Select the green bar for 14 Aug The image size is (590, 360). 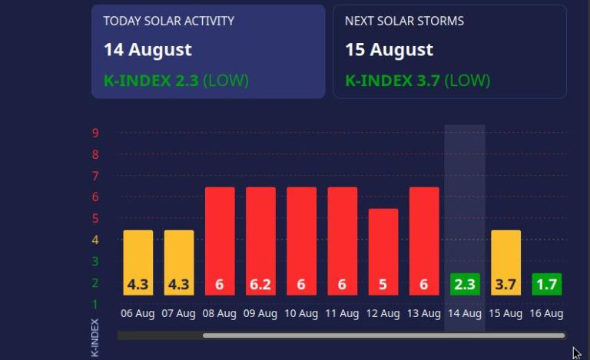465,284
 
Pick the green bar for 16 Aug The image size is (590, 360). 547,284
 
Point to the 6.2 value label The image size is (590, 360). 260,285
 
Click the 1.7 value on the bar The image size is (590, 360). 547,285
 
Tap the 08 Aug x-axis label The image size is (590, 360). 219,313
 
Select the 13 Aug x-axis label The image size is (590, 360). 424,313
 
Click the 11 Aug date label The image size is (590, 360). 342,313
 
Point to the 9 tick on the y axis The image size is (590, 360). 95,133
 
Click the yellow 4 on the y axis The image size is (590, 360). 95,239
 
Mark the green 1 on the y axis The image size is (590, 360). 95,304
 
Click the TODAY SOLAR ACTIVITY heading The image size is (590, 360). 169,21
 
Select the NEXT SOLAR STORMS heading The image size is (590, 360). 404,21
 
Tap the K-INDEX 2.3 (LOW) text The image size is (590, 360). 176,81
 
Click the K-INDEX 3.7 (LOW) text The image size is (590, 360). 417,81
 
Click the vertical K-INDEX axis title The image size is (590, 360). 95,338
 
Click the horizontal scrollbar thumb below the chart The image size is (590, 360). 383,335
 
